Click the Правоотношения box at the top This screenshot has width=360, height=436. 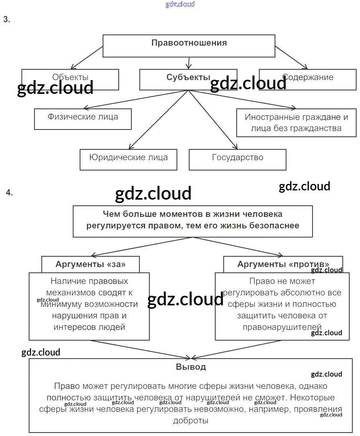coord(189,43)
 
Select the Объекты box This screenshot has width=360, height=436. coord(70,77)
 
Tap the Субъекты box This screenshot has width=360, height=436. coord(188,77)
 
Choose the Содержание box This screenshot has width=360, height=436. coord(308,77)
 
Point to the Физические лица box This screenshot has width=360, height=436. coord(83,117)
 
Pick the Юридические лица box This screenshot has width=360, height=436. coord(128,157)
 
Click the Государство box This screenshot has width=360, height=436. coord(237,157)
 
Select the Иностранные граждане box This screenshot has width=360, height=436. coord(296,123)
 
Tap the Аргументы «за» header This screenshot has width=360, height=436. coord(90,264)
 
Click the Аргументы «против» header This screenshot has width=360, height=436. coord(283,264)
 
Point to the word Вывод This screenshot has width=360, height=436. coord(191,367)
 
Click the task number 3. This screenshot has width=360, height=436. coord(7,20)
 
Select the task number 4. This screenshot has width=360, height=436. coord(9,193)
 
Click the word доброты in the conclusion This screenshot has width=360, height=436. coord(191,420)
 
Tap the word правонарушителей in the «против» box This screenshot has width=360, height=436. coord(282,327)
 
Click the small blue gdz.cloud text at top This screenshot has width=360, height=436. coord(180,4)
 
